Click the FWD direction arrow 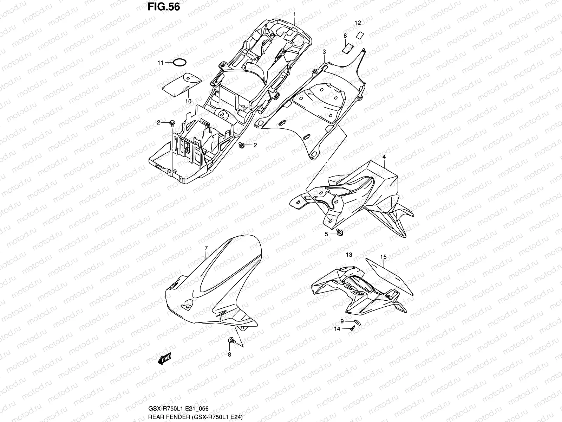click(x=164, y=358)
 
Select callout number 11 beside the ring click(x=170, y=63)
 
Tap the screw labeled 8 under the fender click(x=231, y=340)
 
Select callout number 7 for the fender click(x=206, y=249)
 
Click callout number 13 click(x=349, y=255)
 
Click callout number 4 click(x=384, y=156)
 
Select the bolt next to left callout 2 click(x=172, y=123)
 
